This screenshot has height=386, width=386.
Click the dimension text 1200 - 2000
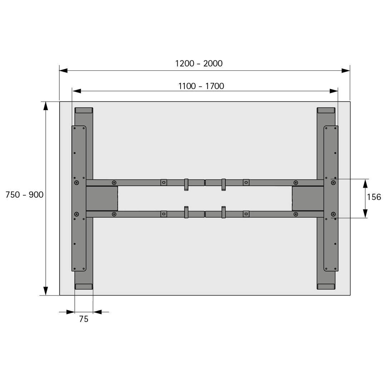click(x=199, y=64)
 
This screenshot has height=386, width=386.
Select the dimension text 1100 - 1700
click(x=201, y=86)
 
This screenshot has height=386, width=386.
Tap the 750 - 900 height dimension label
click(x=24, y=195)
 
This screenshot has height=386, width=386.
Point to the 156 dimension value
click(x=374, y=197)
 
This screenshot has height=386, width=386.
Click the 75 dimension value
click(x=84, y=319)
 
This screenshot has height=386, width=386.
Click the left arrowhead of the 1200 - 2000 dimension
click(x=63, y=71)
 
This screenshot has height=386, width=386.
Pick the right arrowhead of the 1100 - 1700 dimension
click(x=333, y=91)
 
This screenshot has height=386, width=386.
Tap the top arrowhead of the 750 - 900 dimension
click(x=45, y=106)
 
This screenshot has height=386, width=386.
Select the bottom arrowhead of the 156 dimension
click(x=365, y=213)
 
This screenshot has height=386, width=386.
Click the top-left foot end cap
click(x=84, y=110)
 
